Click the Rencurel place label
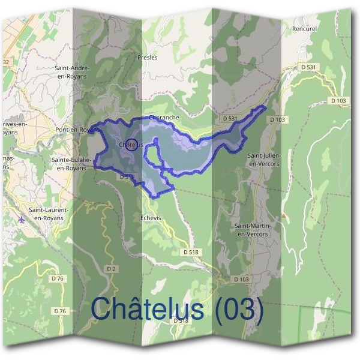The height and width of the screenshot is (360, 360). [x=304, y=28]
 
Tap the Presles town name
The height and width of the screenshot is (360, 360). [x=147, y=58]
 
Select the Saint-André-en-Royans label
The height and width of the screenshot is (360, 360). [x=71, y=72]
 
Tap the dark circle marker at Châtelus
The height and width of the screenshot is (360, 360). [x=134, y=144]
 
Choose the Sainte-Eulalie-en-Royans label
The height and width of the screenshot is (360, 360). [x=68, y=164]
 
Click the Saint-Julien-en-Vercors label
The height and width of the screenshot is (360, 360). [x=263, y=159]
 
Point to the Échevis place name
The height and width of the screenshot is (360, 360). [x=150, y=218]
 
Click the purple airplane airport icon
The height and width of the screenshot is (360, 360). [x=23, y=218]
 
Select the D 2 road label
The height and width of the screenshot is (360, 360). [x=111, y=268]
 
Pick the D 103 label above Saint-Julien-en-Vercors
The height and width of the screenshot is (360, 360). [x=277, y=119]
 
